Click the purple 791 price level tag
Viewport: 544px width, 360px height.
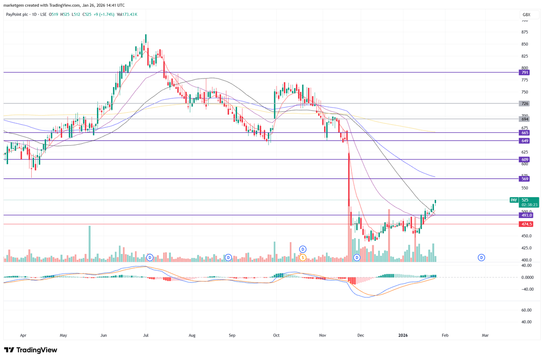(x=525, y=73)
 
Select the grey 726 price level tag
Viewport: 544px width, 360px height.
(x=525, y=104)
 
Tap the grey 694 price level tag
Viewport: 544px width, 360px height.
(x=525, y=119)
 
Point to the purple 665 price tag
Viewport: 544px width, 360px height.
(x=525, y=133)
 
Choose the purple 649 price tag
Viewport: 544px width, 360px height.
(x=525, y=141)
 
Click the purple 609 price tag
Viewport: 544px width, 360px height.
(x=525, y=160)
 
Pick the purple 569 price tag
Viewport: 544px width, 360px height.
(x=525, y=179)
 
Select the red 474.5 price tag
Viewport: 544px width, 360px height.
(x=526, y=224)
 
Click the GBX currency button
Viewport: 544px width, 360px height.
(x=526, y=15)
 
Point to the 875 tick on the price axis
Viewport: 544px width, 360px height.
(x=525, y=32)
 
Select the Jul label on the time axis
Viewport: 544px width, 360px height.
(x=146, y=336)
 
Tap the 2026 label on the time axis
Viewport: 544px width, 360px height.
(x=403, y=336)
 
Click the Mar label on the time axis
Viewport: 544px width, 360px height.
(x=485, y=336)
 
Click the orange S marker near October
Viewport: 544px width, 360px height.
(x=303, y=258)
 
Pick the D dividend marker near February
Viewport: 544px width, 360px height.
(x=481, y=258)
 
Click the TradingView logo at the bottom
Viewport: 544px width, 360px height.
(x=31, y=350)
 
